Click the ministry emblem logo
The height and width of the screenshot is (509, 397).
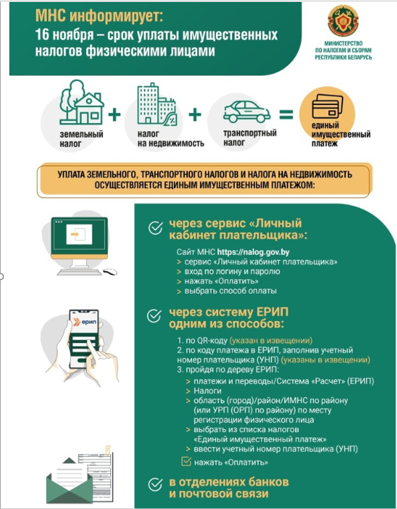pos(343,21)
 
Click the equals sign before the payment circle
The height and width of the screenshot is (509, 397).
pos(286,114)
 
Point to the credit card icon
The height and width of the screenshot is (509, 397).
pos(328,106)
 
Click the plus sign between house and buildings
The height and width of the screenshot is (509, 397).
pos(114,115)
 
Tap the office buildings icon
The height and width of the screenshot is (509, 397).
pos(156,104)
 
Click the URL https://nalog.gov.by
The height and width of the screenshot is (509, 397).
pos(254,252)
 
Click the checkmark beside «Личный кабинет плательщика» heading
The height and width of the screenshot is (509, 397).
pos(156,228)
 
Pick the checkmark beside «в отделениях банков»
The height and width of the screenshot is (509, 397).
pos(156,484)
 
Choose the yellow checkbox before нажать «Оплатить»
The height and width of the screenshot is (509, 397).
pos(186,461)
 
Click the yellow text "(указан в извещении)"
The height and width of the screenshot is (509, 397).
pos(271,340)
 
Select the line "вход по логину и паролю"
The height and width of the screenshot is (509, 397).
pos(232,272)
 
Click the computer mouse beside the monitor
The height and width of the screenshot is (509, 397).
pos(110,272)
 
